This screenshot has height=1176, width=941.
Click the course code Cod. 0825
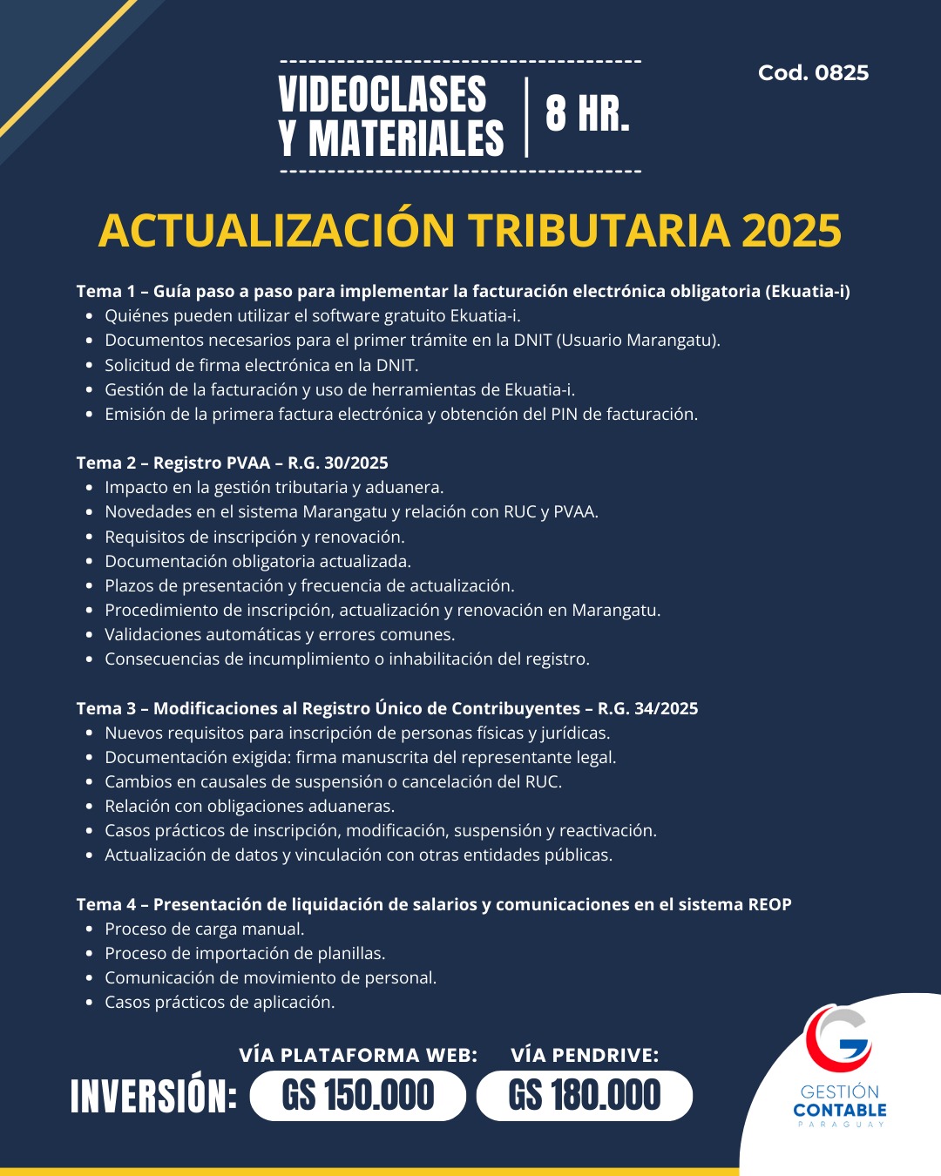coord(813,73)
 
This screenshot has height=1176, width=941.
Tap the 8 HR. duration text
coord(587,114)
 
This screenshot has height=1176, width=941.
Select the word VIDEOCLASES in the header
coord(382,94)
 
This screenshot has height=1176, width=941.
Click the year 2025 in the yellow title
coord(791,231)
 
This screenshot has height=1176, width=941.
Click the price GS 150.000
coord(357,1096)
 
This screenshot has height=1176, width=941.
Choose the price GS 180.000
coord(584,1096)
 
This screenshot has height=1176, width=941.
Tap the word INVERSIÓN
coord(153,1096)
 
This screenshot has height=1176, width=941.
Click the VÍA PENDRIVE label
coord(585,1055)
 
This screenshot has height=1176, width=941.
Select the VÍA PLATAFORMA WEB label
coord(358,1055)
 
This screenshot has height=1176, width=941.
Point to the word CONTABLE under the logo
coord(839,1110)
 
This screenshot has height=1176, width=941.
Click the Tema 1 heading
coord(463,291)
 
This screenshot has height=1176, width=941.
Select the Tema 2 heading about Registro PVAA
coord(232,463)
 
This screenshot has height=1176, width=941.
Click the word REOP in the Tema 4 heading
coord(769,904)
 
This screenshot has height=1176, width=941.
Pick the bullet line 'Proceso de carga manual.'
coord(205,929)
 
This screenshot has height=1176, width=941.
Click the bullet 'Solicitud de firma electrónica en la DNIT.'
coord(261,365)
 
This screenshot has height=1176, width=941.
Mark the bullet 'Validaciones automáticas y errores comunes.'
coord(280,634)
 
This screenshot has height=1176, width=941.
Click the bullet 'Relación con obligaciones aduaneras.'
coord(249,806)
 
